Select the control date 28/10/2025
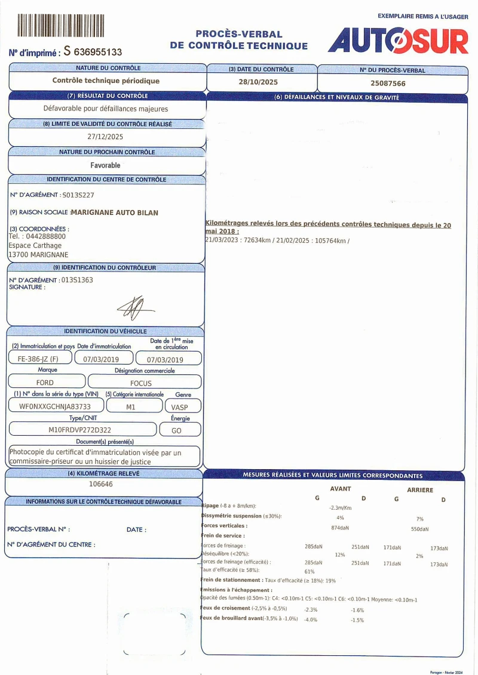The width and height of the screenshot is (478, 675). coord(258,83)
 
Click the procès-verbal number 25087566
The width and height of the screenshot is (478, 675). coord(388,84)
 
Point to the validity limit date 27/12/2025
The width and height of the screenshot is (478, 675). coord(105,137)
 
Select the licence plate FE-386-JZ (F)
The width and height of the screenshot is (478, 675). coord(38,359)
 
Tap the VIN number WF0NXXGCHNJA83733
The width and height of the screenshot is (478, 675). coord(55,406)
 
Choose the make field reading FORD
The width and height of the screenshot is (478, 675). coord(45,383)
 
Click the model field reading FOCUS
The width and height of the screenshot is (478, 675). coord(141,383)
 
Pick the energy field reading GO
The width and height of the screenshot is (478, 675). coord(176,430)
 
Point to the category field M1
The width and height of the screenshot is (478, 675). coord(131,406)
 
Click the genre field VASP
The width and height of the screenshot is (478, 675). coord(179,406)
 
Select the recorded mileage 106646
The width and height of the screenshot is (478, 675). coord(100,484)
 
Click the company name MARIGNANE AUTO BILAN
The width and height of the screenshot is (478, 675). coord(115,212)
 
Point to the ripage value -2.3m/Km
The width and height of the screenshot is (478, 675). coord(341,508)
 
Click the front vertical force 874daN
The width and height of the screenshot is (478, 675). coord(340,528)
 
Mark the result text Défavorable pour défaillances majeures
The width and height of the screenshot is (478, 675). coord(106,109)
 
